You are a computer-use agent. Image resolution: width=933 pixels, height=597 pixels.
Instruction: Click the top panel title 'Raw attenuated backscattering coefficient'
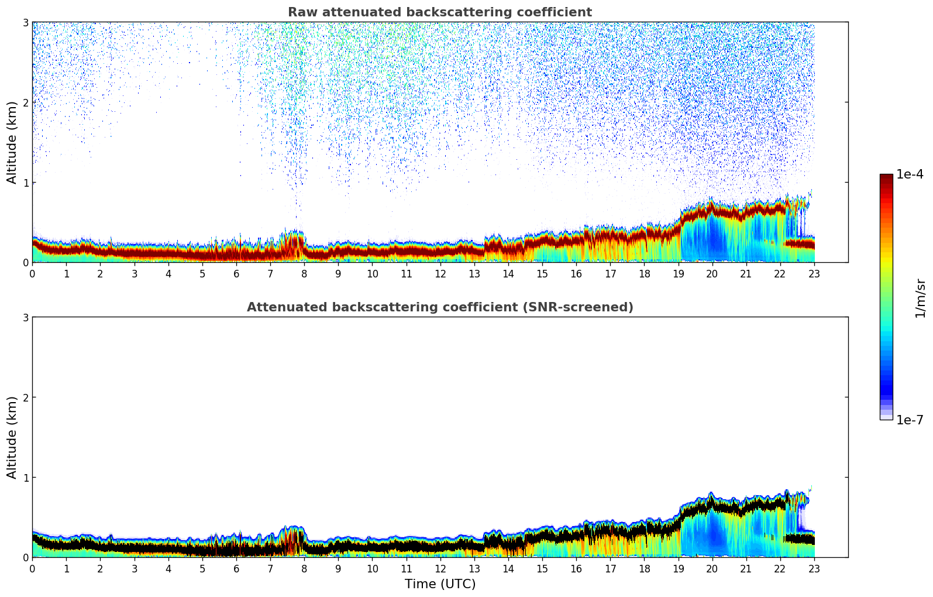pyautogui.click(x=439, y=12)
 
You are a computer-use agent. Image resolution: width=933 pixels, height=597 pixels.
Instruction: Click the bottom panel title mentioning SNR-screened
pyautogui.click(x=439, y=307)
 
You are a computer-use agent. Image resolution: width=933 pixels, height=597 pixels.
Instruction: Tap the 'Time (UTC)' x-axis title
pyautogui.click(x=440, y=584)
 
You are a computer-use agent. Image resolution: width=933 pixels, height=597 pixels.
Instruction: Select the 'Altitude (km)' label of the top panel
pyautogui.click(x=12, y=142)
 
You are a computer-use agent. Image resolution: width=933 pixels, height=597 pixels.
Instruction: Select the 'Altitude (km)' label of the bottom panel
pyautogui.click(x=12, y=437)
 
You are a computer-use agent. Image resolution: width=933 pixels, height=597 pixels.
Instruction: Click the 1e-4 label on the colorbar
pyautogui.click(x=910, y=174)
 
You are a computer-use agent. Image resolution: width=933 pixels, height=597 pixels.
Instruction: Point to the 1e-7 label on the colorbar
pyautogui.click(x=910, y=420)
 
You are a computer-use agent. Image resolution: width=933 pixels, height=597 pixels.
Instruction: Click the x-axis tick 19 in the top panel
pyautogui.click(x=679, y=273)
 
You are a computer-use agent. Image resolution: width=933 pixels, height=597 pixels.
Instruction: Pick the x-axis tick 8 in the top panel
pyautogui.click(x=304, y=273)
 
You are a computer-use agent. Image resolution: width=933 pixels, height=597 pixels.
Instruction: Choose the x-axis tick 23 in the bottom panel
pyautogui.click(x=814, y=568)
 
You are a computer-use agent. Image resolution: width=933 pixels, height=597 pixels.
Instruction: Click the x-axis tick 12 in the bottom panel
pyautogui.click(x=440, y=568)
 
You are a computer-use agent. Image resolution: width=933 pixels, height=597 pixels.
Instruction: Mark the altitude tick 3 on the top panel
pyautogui.click(x=26, y=22)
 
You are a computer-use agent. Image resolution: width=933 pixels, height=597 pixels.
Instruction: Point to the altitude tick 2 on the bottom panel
pyautogui.click(x=26, y=397)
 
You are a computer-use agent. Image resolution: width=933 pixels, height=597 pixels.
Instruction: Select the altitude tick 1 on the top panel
pyautogui.click(x=26, y=183)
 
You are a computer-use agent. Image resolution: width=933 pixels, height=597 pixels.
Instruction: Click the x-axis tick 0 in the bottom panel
pyautogui.click(x=32, y=568)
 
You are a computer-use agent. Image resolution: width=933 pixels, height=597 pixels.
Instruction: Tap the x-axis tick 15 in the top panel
pyautogui.click(x=542, y=273)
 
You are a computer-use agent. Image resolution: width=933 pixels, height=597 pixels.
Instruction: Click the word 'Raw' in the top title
pyautogui.click(x=299, y=12)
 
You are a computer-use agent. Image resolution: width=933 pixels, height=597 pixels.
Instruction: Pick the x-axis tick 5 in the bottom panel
pyautogui.click(x=202, y=568)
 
